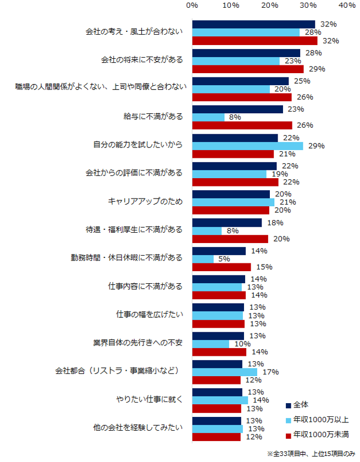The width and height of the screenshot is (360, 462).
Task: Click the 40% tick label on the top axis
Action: click(347, 5)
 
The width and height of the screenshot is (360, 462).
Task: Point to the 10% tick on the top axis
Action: click(231, 5)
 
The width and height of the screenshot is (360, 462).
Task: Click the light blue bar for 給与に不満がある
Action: click(208, 117)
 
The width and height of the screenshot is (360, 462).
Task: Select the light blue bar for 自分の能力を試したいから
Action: click(247, 146)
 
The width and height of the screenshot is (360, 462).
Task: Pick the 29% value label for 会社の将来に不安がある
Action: click(317, 69)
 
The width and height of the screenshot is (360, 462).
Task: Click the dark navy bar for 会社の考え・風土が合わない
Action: click(253, 24)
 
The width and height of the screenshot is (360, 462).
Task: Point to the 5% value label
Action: click(224, 259)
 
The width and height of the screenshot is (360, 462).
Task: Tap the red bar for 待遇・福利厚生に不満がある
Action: click(230, 239)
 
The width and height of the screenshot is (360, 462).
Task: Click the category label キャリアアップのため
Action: click(146, 202)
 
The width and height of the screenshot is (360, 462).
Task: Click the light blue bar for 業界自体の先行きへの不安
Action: click(211, 344)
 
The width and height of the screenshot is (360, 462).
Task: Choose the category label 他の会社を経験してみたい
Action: click(139, 428)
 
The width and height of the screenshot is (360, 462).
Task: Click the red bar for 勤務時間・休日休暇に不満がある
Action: click(221, 267)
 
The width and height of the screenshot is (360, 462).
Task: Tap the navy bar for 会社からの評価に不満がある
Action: click(234, 166)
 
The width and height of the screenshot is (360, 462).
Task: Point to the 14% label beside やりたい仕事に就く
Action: click(262, 400)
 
